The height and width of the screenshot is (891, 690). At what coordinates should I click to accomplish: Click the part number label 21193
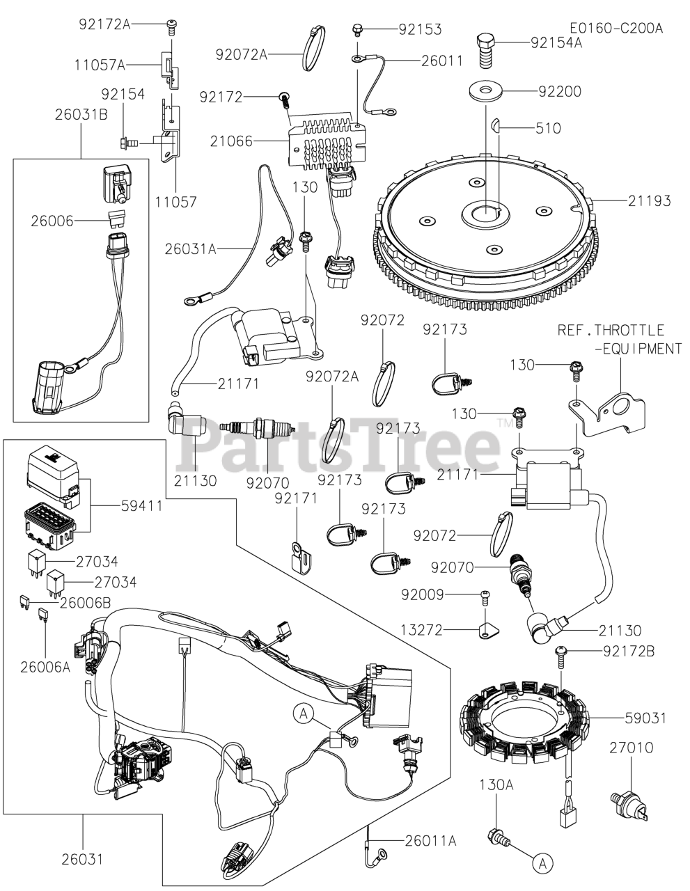pyautogui.click(x=648, y=201)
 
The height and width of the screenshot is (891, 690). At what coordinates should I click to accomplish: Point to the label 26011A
pyautogui.click(x=430, y=841)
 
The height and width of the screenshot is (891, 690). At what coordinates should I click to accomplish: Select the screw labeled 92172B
pyautogui.click(x=560, y=652)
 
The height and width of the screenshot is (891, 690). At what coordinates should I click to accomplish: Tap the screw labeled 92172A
pyautogui.click(x=171, y=28)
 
